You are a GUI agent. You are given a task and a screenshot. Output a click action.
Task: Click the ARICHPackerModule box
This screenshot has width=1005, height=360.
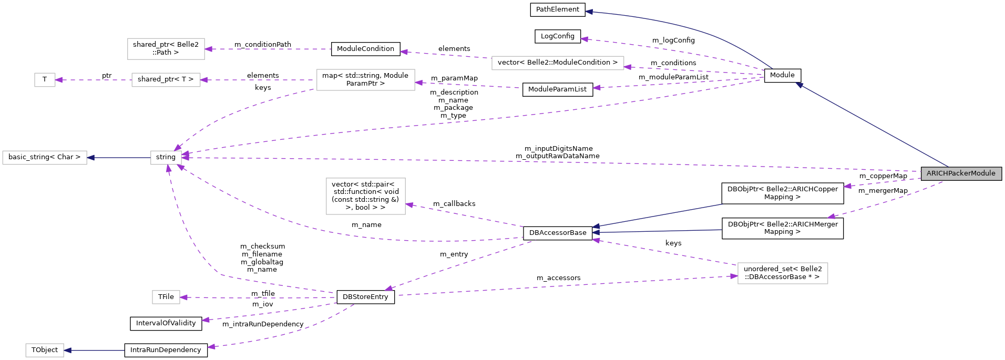click(961, 173)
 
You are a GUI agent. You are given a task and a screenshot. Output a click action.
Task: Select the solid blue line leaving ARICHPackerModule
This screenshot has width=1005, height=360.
click(873, 125)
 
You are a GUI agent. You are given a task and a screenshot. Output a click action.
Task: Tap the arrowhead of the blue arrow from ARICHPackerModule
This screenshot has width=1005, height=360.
click(799, 85)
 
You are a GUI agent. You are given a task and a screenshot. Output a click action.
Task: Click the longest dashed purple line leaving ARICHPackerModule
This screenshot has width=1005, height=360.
click(526, 162)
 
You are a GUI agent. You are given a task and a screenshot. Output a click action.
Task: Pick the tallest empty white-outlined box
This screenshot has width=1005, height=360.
click(366, 197)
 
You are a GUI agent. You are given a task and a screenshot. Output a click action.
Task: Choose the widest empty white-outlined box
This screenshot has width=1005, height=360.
click(558, 63)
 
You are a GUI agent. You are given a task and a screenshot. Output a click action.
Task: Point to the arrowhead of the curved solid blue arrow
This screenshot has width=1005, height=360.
click(589, 12)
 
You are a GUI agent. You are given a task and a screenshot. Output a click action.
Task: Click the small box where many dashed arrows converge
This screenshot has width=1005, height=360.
click(166, 158)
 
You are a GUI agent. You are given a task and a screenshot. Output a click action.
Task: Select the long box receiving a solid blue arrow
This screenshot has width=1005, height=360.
click(45, 158)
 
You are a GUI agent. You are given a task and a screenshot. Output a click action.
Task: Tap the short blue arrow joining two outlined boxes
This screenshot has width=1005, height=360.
click(119, 158)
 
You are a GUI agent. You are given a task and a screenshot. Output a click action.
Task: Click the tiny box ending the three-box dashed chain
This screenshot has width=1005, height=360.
click(45, 80)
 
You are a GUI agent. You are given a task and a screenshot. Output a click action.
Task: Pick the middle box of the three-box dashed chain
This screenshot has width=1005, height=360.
click(166, 80)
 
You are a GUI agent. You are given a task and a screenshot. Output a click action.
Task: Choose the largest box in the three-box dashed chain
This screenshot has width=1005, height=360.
click(366, 80)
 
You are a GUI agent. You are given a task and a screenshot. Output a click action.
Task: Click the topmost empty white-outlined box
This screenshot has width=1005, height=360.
click(166, 49)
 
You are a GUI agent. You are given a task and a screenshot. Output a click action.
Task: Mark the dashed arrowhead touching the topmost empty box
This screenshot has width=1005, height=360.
click(208, 49)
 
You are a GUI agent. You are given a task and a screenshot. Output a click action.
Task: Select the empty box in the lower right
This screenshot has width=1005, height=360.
click(783, 273)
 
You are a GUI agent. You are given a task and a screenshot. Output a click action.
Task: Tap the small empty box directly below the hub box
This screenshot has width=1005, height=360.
click(166, 297)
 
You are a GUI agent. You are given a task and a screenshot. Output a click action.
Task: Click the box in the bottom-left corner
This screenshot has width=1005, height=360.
click(45, 351)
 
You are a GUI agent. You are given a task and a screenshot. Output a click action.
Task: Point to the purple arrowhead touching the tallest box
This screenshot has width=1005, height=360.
click(409, 205)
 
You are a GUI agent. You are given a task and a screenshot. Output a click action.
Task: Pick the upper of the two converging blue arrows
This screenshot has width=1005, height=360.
click(657, 215)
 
